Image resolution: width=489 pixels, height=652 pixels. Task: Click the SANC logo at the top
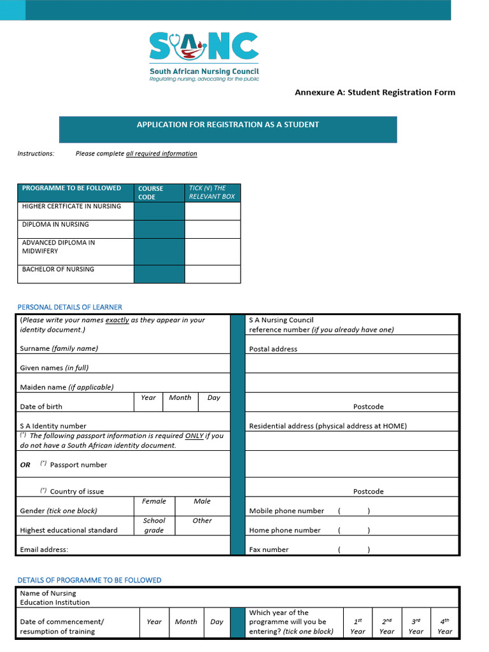tap(204, 56)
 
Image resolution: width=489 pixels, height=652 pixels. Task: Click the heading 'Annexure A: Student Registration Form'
tap(374, 92)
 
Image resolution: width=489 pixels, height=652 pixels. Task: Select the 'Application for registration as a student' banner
tap(228, 129)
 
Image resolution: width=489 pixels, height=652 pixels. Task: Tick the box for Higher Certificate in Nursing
tap(213, 211)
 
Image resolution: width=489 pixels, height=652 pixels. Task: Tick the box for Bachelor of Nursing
tap(213, 274)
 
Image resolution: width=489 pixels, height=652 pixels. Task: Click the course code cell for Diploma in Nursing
tap(159, 229)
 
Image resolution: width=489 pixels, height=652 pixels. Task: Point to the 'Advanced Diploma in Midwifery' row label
tap(58, 247)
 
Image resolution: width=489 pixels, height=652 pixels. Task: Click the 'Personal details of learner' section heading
tap(69, 307)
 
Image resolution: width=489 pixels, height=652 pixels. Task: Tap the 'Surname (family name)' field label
tap(59, 348)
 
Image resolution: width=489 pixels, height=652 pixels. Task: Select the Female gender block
tap(154, 506)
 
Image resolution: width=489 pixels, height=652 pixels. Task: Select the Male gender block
tap(202, 506)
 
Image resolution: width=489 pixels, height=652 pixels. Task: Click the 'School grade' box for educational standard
tap(154, 525)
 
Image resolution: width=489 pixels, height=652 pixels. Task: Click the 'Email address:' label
tap(44, 549)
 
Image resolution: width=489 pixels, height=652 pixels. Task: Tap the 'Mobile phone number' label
tap(287, 511)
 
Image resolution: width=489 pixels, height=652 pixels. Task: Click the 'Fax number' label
tap(269, 549)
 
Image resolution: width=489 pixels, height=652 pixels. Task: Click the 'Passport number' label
tap(78, 465)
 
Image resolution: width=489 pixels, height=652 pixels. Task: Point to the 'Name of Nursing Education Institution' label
tap(55, 597)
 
